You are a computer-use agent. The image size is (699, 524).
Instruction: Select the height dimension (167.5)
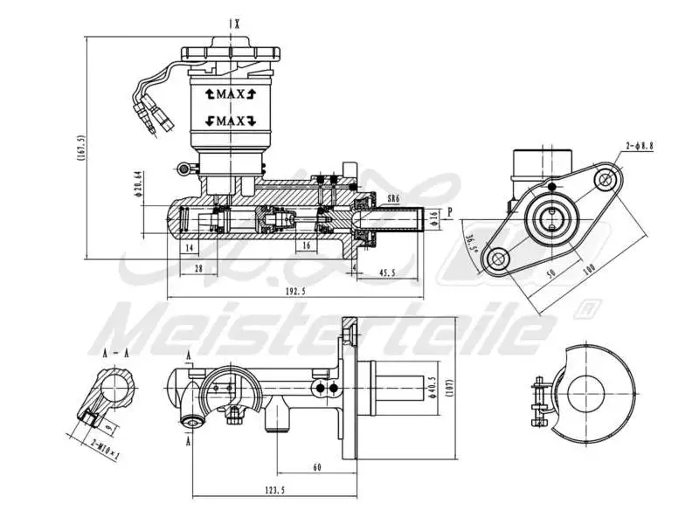point(80,148)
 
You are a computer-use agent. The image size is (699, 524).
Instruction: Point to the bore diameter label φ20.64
point(138,185)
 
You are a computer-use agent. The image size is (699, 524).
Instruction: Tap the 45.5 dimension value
point(386,273)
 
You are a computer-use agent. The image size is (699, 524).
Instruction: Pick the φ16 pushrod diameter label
point(434,218)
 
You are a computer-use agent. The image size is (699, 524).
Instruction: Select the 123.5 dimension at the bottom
point(273,491)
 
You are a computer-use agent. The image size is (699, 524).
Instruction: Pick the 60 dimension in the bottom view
point(316,467)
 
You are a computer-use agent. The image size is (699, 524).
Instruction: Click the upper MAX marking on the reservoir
point(229,93)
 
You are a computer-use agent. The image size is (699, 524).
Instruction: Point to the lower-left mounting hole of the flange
point(498,259)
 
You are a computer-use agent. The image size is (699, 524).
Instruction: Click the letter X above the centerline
point(237,24)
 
